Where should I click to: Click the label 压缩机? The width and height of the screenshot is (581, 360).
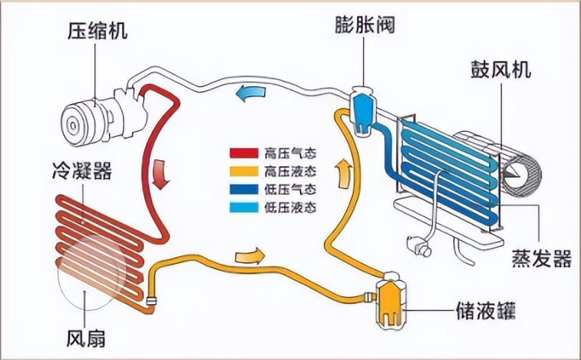[x=97, y=30]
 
